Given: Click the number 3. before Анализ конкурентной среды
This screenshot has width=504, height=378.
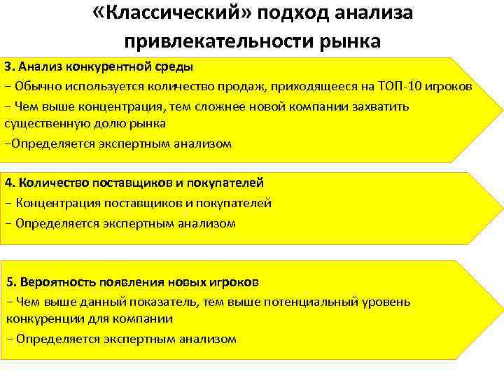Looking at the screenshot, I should [9, 67].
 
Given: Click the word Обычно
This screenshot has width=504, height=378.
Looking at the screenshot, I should [38, 86].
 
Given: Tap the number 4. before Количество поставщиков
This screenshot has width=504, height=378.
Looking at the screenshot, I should [10, 183].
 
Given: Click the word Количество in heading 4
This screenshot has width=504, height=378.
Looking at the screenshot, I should [53, 183].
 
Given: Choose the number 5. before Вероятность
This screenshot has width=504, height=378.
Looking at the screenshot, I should [12, 283].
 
